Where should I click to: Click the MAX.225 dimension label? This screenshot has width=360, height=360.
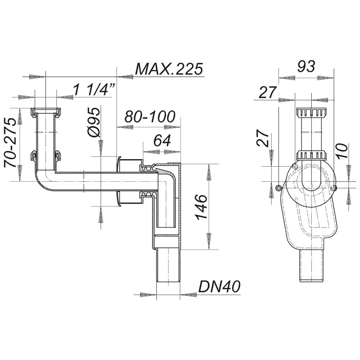169,69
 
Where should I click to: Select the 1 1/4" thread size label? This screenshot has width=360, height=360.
94,89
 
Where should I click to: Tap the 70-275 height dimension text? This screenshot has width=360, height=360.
10,142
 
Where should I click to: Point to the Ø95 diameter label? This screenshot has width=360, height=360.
94,122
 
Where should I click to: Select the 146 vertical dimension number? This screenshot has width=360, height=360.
201,207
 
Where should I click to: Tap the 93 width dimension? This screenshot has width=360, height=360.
306,66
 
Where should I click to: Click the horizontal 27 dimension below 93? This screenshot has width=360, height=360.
267,92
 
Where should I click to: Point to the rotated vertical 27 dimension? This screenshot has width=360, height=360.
263,138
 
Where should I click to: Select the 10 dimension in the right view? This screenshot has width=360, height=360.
342,150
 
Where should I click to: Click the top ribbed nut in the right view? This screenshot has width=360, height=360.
311,112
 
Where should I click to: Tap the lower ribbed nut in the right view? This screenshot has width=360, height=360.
311,155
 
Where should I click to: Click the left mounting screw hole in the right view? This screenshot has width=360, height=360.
279,188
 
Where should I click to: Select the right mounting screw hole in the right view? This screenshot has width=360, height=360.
334,188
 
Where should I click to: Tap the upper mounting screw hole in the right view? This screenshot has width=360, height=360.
295,166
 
